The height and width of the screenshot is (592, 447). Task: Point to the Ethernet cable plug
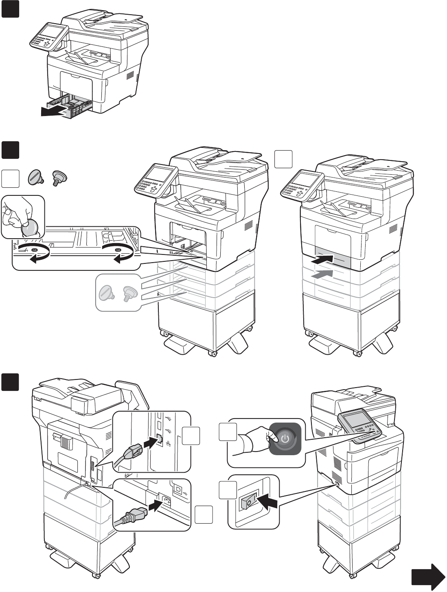(x=133, y=452)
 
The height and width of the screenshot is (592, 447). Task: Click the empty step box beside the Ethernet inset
(x=191, y=436)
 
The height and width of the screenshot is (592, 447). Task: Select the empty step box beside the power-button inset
(x=227, y=432)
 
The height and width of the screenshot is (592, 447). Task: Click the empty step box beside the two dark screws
(x=11, y=179)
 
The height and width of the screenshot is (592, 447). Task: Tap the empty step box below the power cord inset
(x=203, y=515)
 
